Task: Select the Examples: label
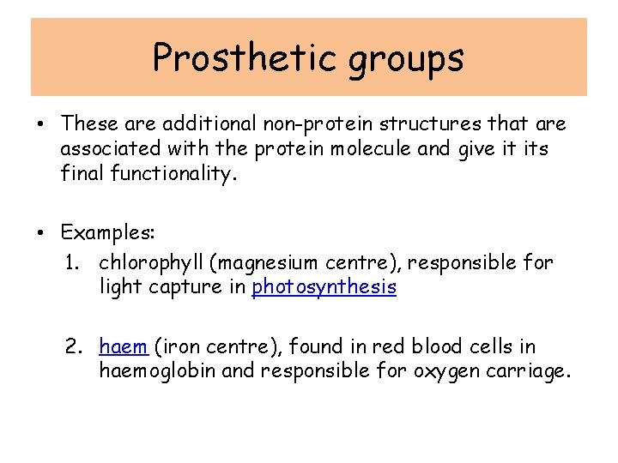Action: tap(101, 232)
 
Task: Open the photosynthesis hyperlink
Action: tap(324, 286)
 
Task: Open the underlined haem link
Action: tap(124, 346)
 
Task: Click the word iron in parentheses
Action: tap(178, 346)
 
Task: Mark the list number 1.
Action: tap(72, 262)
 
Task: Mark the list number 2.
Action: tap(73, 346)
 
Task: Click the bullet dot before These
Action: tap(41, 125)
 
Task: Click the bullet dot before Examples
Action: tap(41, 233)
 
